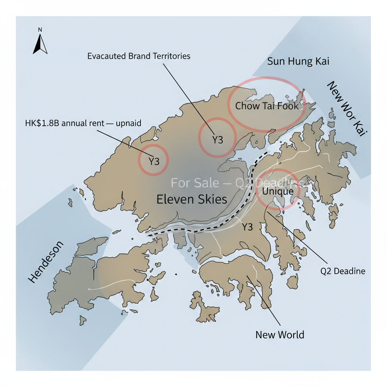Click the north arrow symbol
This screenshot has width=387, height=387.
pyautogui.click(x=40, y=45)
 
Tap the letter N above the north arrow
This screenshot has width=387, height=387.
pyautogui.click(x=40, y=29)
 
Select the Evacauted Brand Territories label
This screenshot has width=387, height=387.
pyautogui.click(x=139, y=56)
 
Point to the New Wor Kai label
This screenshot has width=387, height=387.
pyautogui.click(x=347, y=108)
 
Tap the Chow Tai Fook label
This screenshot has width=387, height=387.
pyautogui.click(x=267, y=106)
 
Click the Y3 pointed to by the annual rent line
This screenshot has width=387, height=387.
pyautogui.click(x=154, y=161)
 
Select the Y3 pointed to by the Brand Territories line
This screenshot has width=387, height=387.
pyautogui.click(x=217, y=140)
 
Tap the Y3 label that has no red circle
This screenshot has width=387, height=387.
pyautogui.click(x=247, y=227)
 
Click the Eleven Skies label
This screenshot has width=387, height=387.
pyautogui.click(x=192, y=199)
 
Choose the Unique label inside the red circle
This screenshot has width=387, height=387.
pyautogui.click(x=278, y=192)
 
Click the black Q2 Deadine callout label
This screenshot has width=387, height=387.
pyautogui.click(x=342, y=271)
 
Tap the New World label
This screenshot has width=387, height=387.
pyautogui.click(x=280, y=334)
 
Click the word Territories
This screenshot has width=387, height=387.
pyautogui.click(x=171, y=56)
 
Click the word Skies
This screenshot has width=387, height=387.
pyautogui.click(x=210, y=199)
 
